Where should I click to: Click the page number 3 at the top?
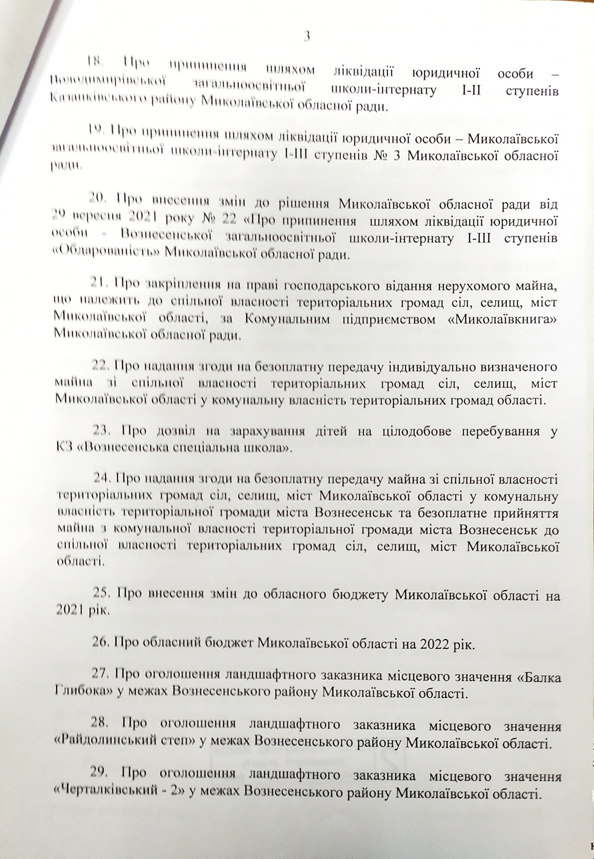(306, 37)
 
